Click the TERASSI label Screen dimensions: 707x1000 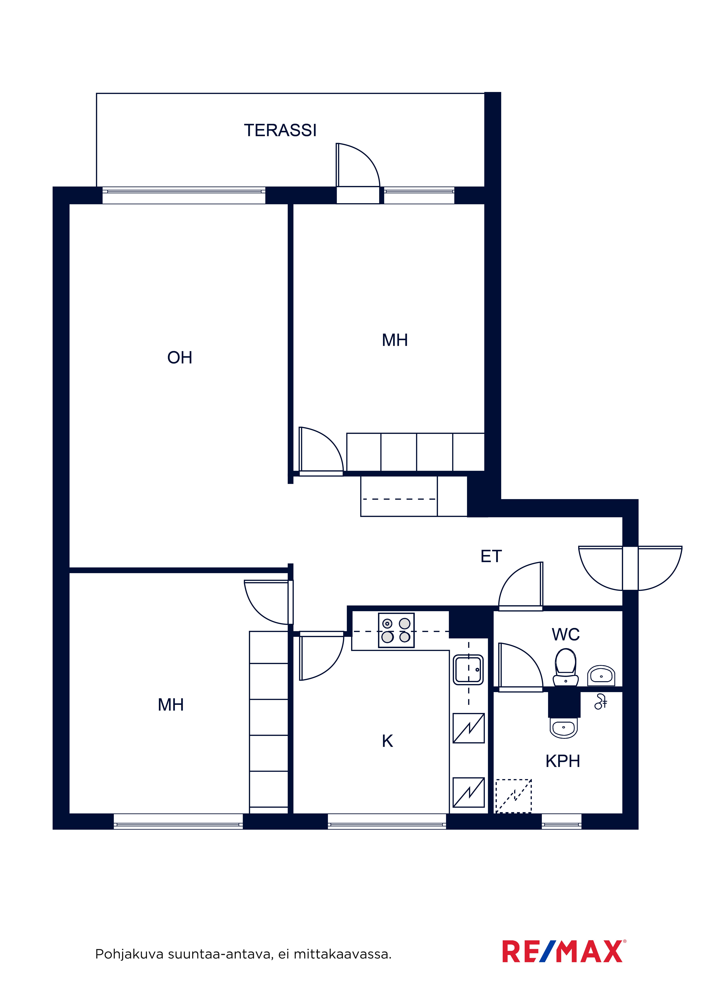[x=280, y=130]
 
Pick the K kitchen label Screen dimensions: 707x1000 [x=387, y=741]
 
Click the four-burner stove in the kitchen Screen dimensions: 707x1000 [x=396, y=630]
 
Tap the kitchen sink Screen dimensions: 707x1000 [x=468, y=669]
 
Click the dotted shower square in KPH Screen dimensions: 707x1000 [x=514, y=796]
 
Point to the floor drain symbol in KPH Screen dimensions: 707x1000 [x=601, y=702]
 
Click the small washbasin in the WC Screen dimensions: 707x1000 [x=601, y=676]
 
